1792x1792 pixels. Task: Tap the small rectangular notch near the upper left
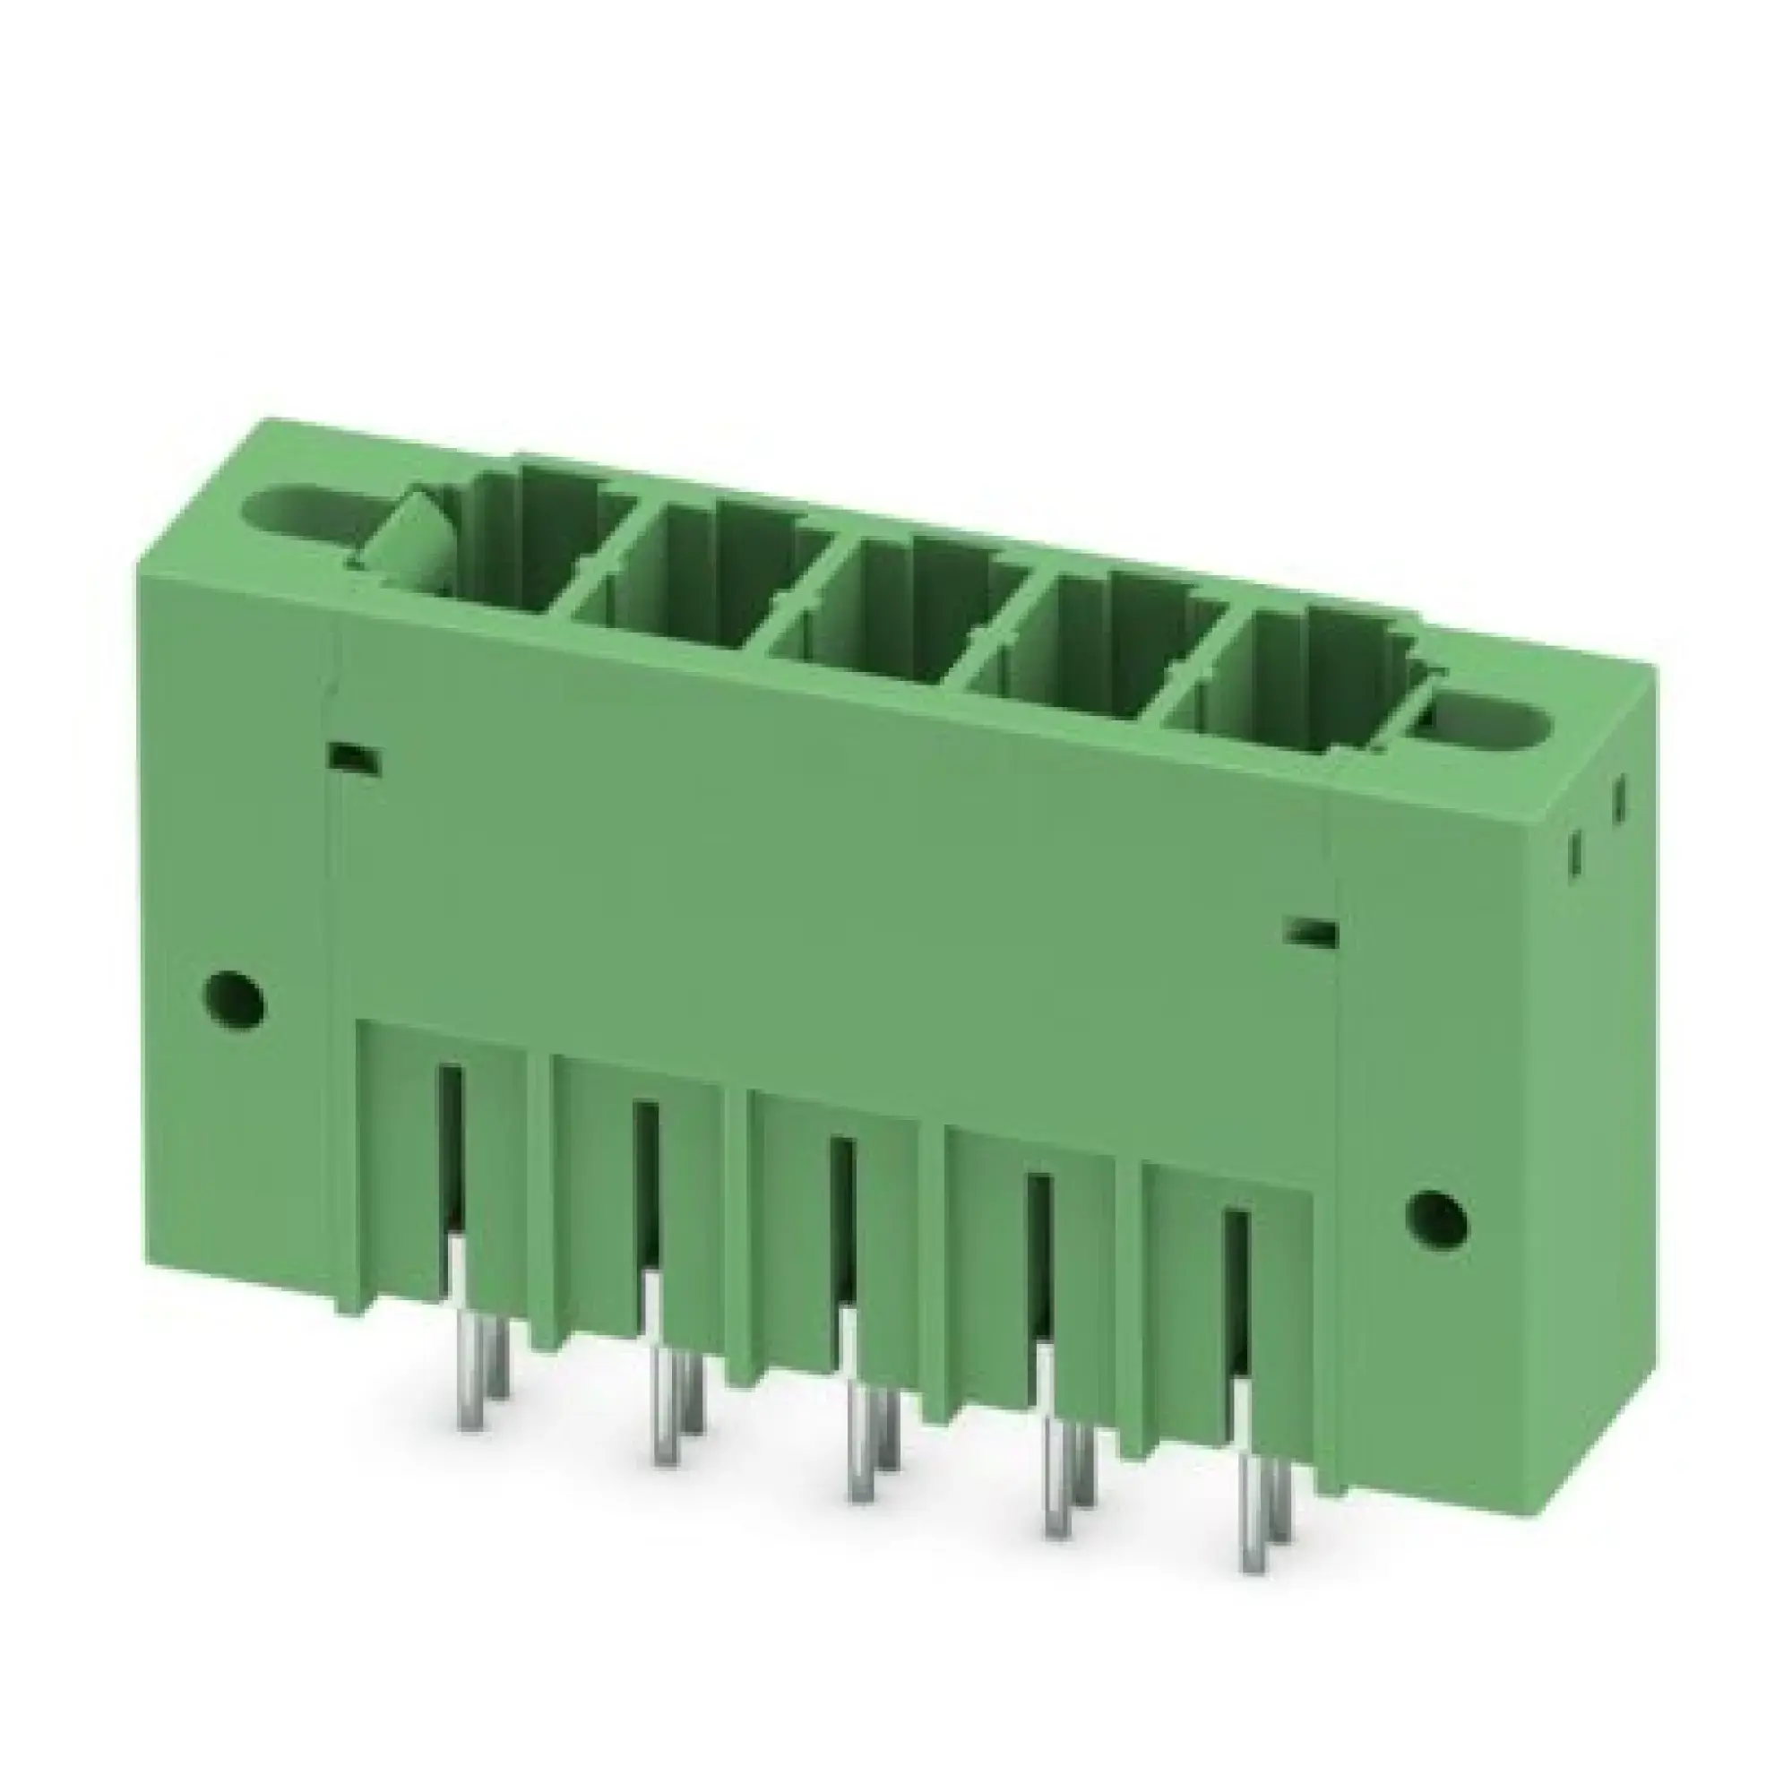[x=355, y=756]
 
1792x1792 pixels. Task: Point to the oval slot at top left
[x=306, y=511]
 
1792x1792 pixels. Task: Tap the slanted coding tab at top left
[x=408, y=547]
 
